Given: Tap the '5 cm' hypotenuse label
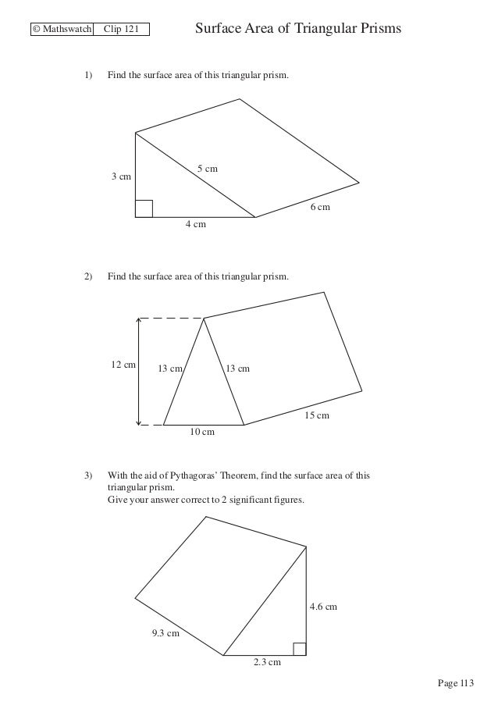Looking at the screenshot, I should (x=207, y=169).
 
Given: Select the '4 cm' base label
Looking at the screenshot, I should (x=195, y=225).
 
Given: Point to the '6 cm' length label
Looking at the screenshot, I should (x=320, y=208).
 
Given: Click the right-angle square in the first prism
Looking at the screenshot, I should (x=144, y=208).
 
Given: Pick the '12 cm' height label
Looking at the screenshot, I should (x=123, y=365).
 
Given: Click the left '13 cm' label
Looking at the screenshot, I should (x=171, y=369).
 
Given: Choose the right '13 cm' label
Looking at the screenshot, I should (x=237, y=369).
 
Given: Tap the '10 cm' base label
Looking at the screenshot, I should (x=203, y=432).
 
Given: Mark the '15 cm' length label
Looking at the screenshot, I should (x=316, y=415).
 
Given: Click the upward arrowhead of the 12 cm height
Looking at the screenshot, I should (x=139, y=321).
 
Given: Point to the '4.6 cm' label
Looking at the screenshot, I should (x=325, y=607).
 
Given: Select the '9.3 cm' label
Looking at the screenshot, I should (x=165, y=633).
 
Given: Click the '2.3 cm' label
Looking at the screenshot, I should (x=267, y=662).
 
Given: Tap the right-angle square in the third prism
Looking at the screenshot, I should (x=299, y=648).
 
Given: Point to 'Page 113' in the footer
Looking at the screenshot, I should (x=456, y=684).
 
